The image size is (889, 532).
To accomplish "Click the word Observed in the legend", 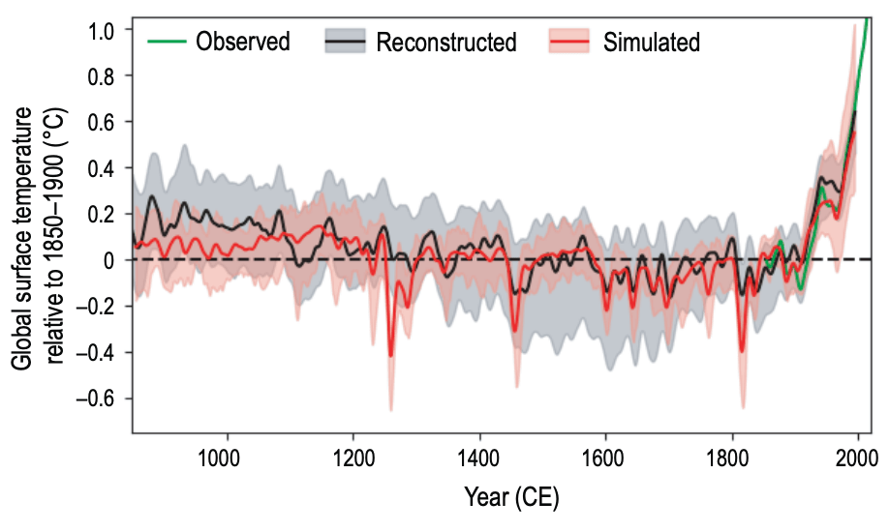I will [242, 42].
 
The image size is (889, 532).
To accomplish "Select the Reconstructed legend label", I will [446, 42].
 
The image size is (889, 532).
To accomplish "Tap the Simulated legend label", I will [651, 42].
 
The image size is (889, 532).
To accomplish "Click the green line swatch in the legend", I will [165, 42].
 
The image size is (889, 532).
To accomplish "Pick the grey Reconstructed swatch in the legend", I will [344, 42].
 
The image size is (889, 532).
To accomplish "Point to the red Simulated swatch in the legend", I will [567, 42].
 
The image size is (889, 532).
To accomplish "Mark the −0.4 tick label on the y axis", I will [96, 352].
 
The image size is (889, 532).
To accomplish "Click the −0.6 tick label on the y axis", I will [96, 398].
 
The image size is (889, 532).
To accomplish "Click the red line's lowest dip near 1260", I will [391, 355].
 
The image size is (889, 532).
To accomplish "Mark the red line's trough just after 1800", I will [742, 351].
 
